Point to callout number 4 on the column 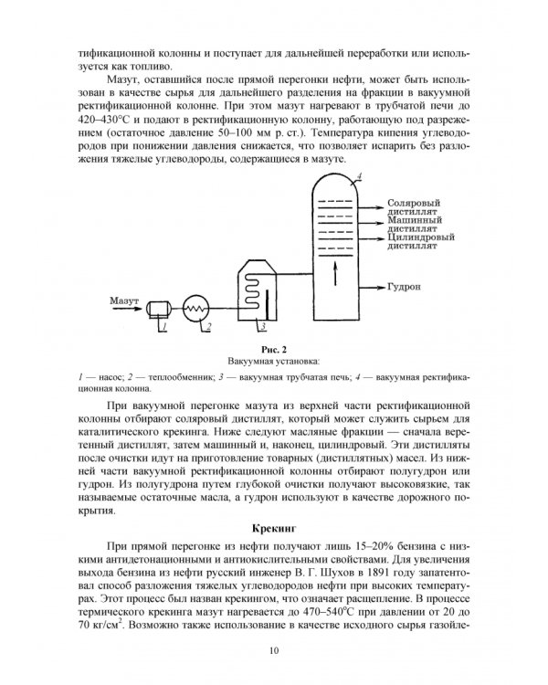[360, 174]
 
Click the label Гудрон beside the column [404, 286]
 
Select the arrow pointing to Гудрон [370, 286]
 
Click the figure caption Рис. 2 [273, 348]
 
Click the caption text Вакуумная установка [273, 361]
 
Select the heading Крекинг [274, 527]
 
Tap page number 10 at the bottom [273, 650]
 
